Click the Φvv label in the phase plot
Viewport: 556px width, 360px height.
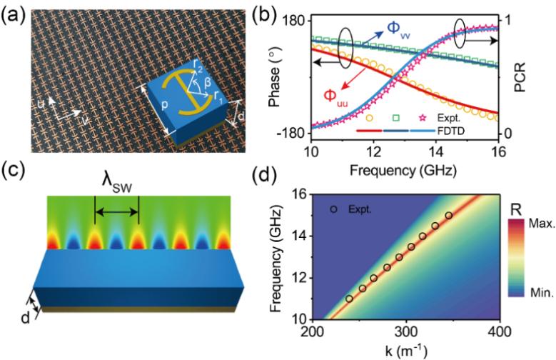pos(398,28)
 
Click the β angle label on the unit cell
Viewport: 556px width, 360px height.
pos(206,81)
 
